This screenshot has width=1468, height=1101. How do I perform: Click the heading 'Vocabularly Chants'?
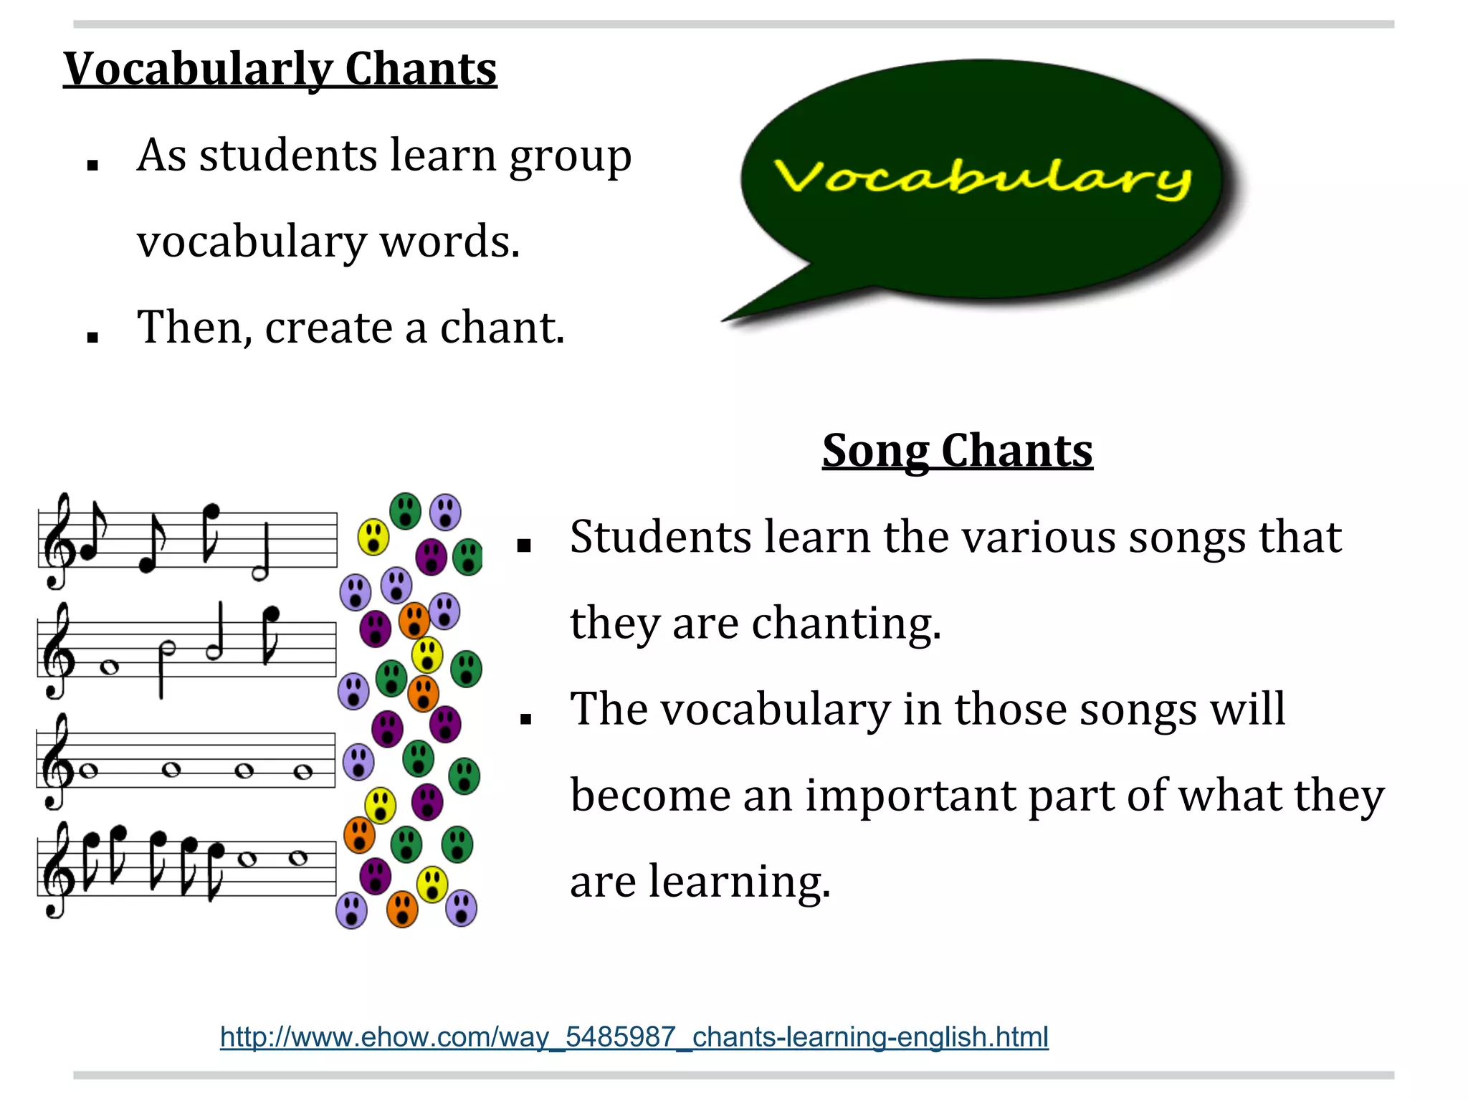coord(280,70)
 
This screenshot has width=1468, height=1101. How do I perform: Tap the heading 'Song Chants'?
coord(957,451)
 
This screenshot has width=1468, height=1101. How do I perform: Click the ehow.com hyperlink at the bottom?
coord(634,1037)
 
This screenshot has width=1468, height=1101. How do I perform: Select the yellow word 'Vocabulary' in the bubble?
coord(982,177)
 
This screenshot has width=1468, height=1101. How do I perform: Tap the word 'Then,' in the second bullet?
coord(194,328)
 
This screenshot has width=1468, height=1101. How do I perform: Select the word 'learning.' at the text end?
coord(740,881)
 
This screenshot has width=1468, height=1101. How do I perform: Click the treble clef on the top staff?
coord(57,541)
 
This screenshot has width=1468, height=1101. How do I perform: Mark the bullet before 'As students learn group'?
coord(92,166)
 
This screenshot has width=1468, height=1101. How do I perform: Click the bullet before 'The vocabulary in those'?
coord(525,718)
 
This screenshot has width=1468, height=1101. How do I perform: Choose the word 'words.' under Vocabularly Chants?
coord(449,242)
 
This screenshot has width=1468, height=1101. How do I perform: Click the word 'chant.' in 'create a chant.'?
coord(502,328)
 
